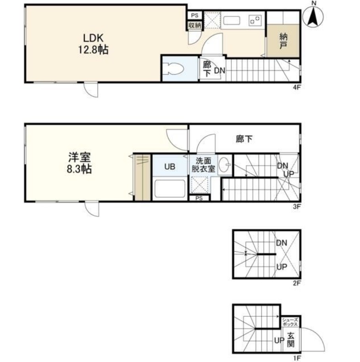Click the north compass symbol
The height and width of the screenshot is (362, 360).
pos(313,16)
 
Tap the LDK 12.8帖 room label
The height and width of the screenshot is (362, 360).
pos(94,44)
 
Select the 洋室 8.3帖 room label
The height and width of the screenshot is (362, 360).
pos(79,163)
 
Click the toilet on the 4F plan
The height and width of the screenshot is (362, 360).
pos(173,69)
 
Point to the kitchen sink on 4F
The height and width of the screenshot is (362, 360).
pos(232,21)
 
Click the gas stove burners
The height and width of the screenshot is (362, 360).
pos(255,20)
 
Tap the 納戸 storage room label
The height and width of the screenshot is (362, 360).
pos(283,41)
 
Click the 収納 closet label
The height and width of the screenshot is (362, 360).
pos(195,25)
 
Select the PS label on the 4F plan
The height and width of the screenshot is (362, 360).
pos(195,15)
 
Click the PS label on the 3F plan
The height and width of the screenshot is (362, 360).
pos(199,198)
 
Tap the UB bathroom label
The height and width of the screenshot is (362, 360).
pos(170,166)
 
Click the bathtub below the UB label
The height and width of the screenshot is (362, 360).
pos(170,189)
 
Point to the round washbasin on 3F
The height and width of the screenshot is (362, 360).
pos(224,165)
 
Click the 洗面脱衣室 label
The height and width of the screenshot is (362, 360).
pos(203,165)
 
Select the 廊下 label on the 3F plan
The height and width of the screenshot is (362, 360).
pos(244,139)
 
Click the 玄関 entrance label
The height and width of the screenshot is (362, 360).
pos(291,340)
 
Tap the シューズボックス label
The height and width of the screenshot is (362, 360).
pos(290,322)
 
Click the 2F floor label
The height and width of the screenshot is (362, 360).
pos(297,283)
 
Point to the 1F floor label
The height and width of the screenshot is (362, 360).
pos(297,358)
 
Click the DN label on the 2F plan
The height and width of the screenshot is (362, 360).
pos(281,243)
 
